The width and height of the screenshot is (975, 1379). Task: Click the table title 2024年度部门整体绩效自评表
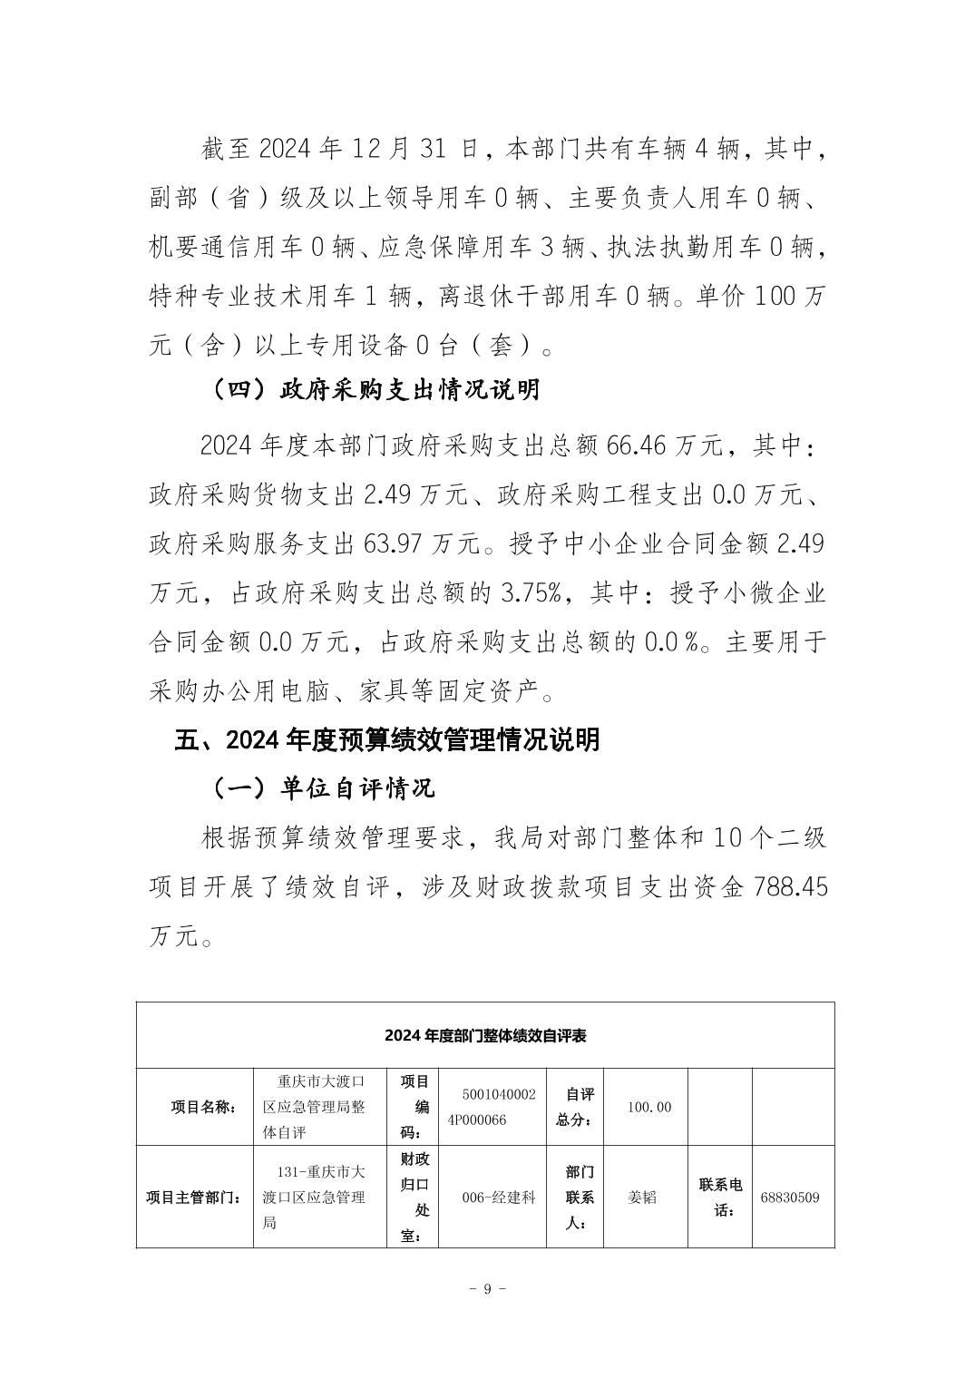(485, 1035)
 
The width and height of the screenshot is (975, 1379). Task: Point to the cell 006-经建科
(499, 1197)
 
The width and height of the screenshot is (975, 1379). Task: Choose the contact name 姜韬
(642, 1197)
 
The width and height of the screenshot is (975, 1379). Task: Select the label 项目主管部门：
(194, 1197)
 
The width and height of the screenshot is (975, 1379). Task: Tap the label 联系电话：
(720, 1197)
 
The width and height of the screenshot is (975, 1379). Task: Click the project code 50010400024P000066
(498, 1107)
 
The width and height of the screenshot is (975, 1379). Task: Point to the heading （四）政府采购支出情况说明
(375, 389)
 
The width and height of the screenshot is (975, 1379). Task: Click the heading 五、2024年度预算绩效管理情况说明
(387, 739)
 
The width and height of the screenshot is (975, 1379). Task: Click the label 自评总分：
(574, 1107)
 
